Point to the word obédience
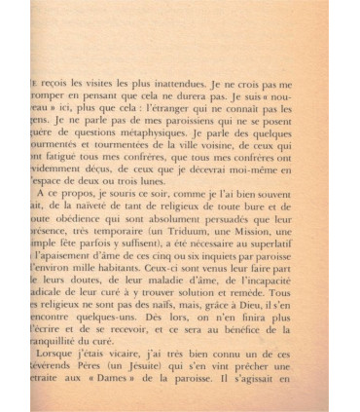(x=80, y=230)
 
